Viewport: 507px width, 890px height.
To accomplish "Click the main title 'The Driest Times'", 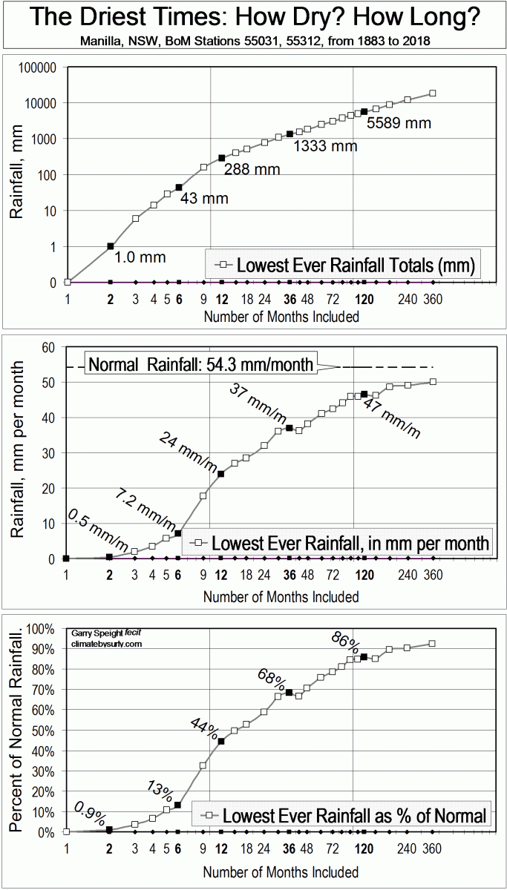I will tap(253, 17).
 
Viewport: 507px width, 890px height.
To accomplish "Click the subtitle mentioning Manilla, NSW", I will tap(253, 41).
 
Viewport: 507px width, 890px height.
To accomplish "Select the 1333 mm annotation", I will tap(325, 146).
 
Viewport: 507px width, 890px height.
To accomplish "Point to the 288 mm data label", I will tap(252, 170).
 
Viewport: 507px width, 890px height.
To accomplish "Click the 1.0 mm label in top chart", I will tap(140, 257).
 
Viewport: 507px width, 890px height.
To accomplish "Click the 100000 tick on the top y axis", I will tap(36, 67).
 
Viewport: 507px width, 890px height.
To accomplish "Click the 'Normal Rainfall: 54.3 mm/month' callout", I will tap(200, 365).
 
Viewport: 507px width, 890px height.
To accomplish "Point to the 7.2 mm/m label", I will tap(145, 508).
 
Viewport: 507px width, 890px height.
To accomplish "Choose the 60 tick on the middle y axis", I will tap(49, 347).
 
